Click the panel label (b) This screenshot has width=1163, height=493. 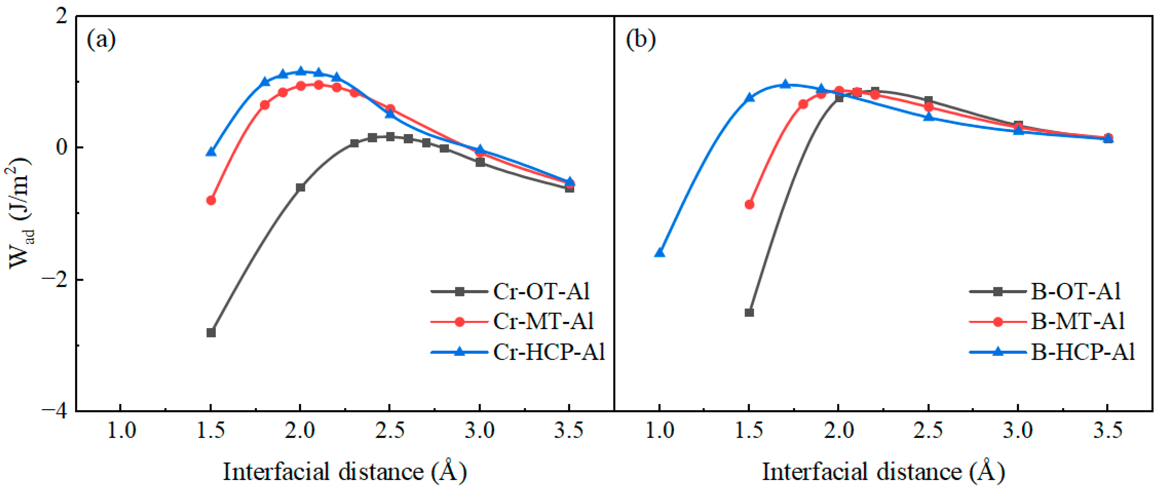coord(641,40)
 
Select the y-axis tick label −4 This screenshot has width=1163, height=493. coord(55,411)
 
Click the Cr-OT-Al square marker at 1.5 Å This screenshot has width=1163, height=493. coord(211,332)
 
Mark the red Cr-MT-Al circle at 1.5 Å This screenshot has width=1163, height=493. coord(211,200)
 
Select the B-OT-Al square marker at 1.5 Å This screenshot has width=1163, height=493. coord(749,312)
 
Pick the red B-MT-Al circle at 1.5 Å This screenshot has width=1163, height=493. coord(749,204)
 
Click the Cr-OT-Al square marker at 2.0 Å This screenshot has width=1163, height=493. coord(300,187)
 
